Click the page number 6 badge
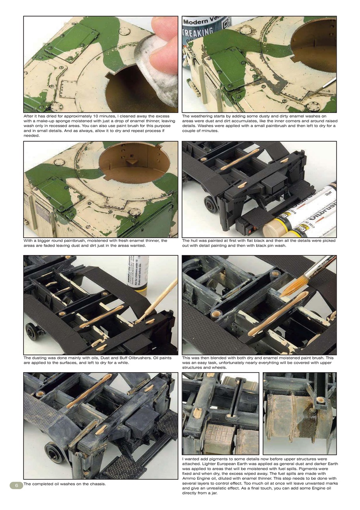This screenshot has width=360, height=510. (x=17, y=485)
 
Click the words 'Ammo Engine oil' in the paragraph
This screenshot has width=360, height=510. (x=200, y=479)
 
